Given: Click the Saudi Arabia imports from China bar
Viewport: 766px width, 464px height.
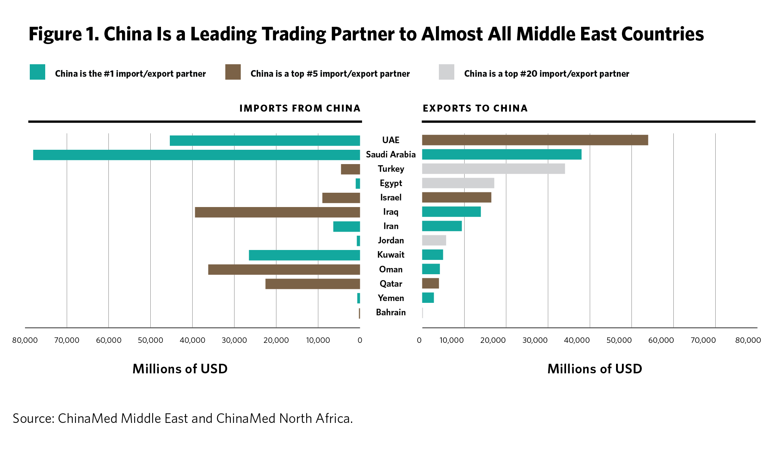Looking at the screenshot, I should coord(196,155).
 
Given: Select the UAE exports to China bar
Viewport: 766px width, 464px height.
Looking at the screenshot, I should coord(535,140).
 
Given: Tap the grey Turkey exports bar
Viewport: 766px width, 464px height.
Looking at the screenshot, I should coord(493,169).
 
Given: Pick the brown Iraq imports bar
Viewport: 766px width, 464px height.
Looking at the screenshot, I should coord(277,212).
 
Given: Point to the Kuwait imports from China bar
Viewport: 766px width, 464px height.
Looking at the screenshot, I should coord(304,255).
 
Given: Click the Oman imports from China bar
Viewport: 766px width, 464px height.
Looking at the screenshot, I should coord(284,269).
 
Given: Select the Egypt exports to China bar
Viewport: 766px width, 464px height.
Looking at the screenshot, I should coord(458,183).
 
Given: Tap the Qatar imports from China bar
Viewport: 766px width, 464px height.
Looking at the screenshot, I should coord(312,284).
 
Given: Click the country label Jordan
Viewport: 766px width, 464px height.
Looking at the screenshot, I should coord(391,240).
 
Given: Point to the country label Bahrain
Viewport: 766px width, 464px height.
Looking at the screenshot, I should coord(391,312).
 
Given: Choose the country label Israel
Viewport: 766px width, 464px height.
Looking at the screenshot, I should coord(391,197).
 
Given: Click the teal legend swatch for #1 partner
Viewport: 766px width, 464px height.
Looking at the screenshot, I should coord(37,72).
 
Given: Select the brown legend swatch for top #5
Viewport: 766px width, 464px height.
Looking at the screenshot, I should coord(233,72).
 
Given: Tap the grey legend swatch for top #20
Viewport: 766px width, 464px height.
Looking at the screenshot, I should coord(447,72).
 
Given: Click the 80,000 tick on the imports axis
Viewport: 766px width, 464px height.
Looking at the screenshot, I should coord(25,340).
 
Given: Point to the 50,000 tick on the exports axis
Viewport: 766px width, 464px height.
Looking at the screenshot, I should coord(619,340).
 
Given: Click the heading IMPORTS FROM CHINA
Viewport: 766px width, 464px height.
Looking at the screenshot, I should coord(300,108).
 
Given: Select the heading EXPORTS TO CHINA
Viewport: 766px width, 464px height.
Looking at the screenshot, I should coord(475,108).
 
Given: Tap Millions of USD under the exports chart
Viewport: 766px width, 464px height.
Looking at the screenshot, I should coord(595,369).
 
